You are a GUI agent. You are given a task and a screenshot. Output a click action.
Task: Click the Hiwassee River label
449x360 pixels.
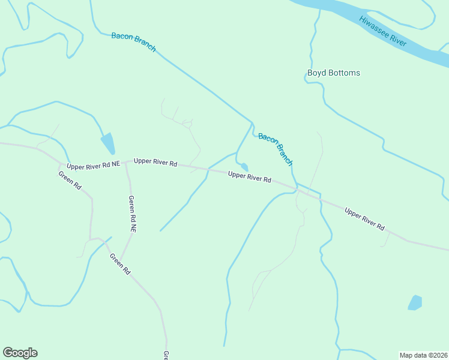383,31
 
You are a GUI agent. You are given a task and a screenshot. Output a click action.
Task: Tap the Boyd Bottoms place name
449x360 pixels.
334,73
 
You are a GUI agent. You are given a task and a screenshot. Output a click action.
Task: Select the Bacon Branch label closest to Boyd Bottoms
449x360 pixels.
276,149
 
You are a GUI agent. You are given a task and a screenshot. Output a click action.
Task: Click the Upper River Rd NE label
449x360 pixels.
94,164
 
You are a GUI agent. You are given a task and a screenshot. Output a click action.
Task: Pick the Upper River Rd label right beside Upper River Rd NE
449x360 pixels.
155,162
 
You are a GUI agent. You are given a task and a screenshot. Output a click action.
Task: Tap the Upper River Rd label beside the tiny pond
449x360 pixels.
250,177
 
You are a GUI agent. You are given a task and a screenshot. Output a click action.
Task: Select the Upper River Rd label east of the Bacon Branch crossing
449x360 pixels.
364,218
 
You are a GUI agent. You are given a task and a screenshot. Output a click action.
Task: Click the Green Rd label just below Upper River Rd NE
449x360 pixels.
70,180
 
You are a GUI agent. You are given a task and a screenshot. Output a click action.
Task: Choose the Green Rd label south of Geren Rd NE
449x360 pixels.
120,264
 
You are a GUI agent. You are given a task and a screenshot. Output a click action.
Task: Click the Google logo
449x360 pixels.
20,353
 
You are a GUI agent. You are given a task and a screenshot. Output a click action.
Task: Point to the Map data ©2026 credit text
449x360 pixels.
423,355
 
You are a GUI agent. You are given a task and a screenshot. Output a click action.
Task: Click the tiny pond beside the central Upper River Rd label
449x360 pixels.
244,167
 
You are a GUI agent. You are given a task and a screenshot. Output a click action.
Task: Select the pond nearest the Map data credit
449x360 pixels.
415,302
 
